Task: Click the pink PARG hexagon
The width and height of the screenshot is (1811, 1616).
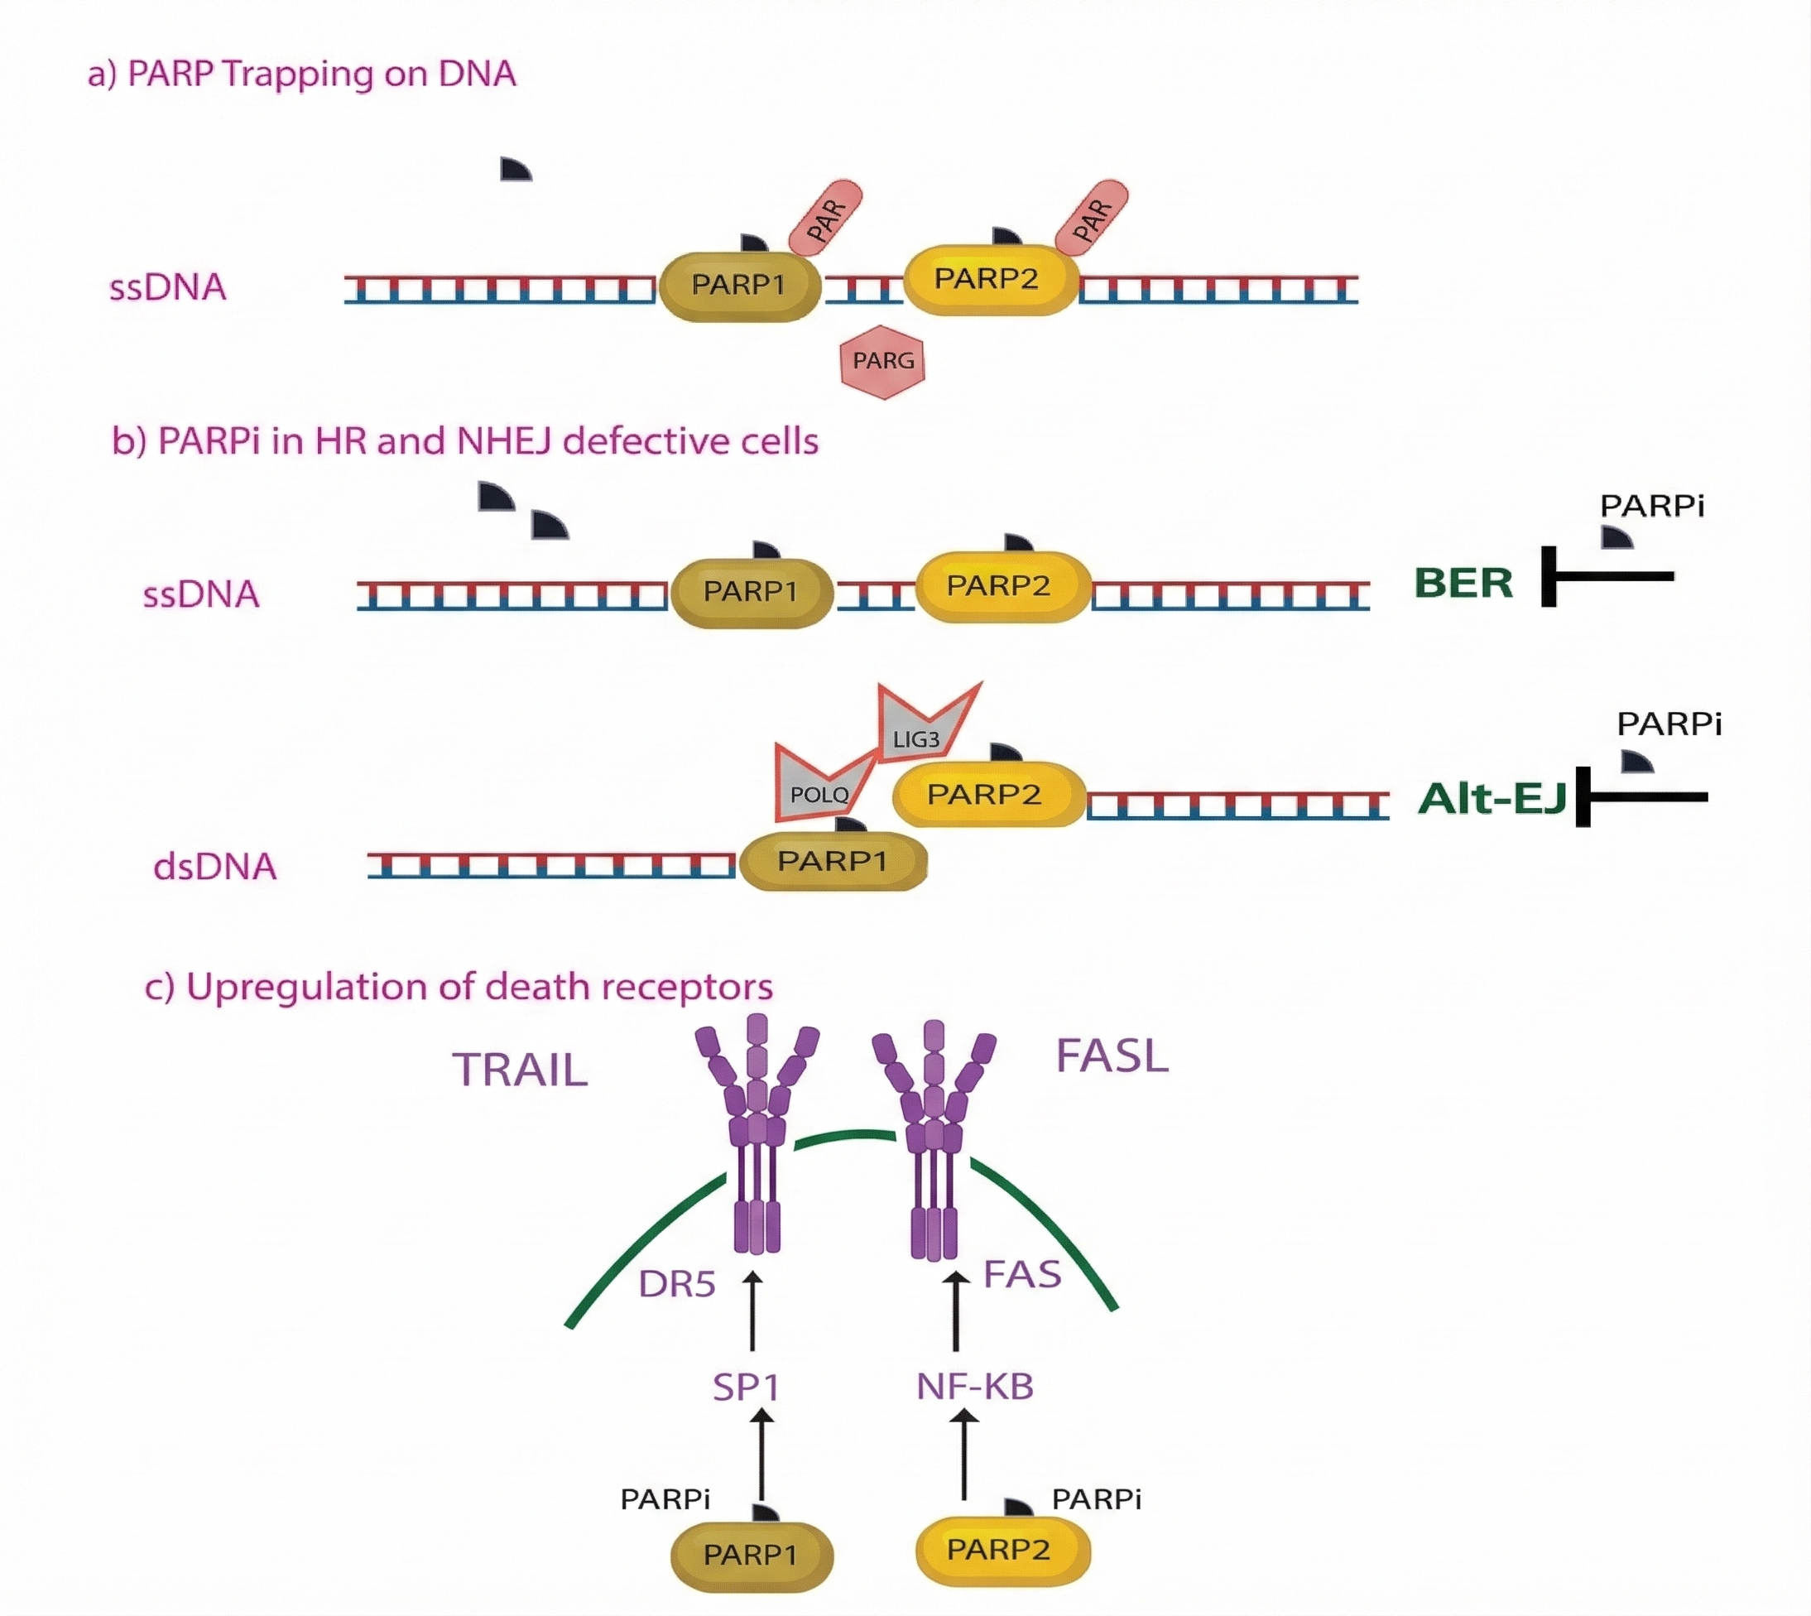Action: [x=882, y=362]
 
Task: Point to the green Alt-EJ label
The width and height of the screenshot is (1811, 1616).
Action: [x=1492, y=798]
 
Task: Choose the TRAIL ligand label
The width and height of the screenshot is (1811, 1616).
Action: [x=521, y=1069]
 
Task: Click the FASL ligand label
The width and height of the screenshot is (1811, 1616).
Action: [x=1112, y=1056]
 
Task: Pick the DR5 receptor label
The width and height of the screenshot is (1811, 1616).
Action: [x=676, y=1284]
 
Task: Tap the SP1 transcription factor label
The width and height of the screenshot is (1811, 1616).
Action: [x=746, y=1387]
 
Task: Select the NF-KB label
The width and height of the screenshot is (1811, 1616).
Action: [x=975, y=1387]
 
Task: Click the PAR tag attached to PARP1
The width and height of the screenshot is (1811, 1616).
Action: [x=825, y=219]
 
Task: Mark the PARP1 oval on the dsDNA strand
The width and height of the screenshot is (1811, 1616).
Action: [x=833, y=860]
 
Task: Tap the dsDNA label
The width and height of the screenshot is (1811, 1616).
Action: [x=215, y=867]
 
